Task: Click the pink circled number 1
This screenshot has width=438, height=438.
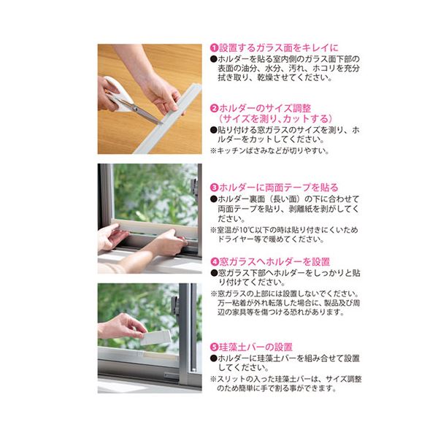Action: pyautogui.click(x=214, y=47)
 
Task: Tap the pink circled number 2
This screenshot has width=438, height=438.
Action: pyautogui.click(x=214, y=108)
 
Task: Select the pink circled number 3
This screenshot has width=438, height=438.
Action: pyautogui.click(x=214, y=188)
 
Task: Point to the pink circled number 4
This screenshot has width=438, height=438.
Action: pyautogui.click(x=214, y=262)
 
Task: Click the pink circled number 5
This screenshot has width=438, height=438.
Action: pyautogui.click(x=214, y=347)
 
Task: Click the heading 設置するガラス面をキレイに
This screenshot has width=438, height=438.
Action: pyautogui.click(x=279, y=47)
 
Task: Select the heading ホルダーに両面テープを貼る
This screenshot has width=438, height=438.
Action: pyautogui.click(x=279, y=188)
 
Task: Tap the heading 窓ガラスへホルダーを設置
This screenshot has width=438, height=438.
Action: pyautogui.click(x=274, y=262)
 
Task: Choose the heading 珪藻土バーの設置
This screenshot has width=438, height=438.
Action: pyautogui.click(x=255, y=347)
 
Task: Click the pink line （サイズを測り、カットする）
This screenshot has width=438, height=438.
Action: pyautogui.click(x=275, y=119)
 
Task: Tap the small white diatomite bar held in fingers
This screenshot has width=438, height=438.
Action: pyautogui.click(x=156, y=338)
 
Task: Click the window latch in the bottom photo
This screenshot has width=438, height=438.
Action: pyautogui.click(x=175, y=306)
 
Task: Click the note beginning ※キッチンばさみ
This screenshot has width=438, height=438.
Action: pyautogui.click(x=270, y=151)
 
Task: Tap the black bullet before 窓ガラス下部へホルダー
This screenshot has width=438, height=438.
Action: pyautogui.click(x=214, y=273)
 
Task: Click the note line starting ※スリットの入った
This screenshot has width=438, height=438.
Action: pyautogui.click(x=285, y=379)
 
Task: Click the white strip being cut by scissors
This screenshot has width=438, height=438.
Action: pyautogui.click(x=168, y=119)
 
